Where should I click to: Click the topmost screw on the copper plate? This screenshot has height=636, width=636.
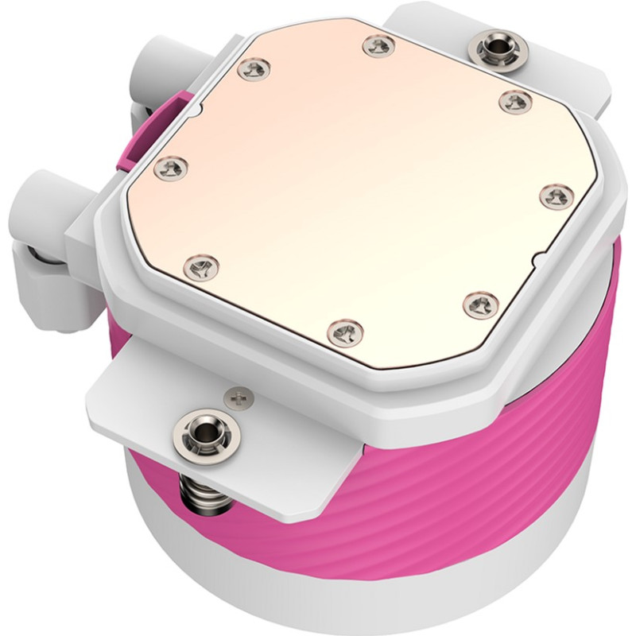click(378, 46)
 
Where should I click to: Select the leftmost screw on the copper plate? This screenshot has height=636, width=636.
click(170, 166)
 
